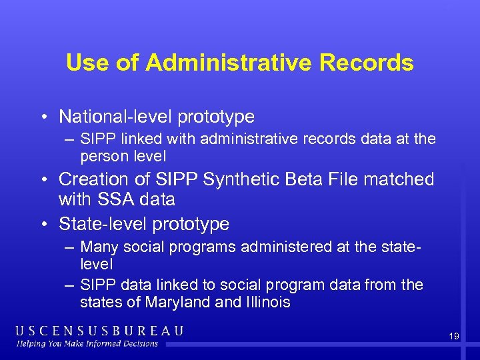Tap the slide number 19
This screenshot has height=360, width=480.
point(454,337)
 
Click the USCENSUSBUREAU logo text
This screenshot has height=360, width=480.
point(99,331)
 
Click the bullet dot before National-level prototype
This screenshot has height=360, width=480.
point(42,118)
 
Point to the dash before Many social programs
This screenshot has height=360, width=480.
point(69,247)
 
